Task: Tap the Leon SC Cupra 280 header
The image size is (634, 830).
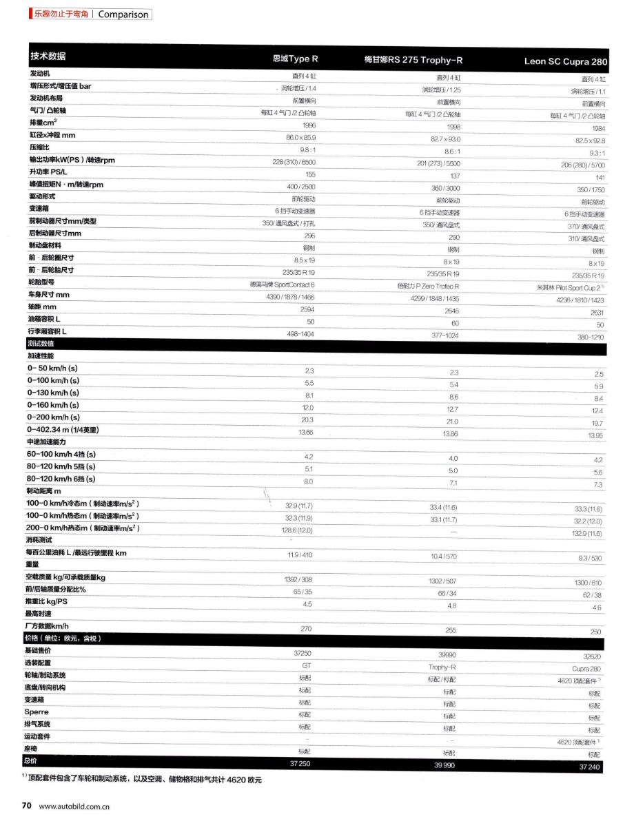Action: tap(566, 61)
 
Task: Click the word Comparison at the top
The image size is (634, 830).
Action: tap(123, 14)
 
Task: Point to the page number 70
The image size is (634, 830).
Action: tap(27, 806)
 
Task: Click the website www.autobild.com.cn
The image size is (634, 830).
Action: tap(74, 807)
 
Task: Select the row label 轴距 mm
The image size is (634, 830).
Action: tap(43, 307)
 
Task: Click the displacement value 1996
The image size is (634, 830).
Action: tap(309, 125)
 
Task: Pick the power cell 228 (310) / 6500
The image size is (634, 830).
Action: tap(294, 161)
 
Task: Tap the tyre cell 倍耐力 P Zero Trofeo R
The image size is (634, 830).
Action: tap(428, 286)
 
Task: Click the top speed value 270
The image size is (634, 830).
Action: tap(308, 628)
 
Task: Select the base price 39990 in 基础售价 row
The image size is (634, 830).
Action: tap(447, 655)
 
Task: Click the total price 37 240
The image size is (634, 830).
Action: tap(591, 767)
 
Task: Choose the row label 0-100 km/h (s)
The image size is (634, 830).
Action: tap(53, 380)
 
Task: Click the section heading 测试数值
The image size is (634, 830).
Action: tap(41, 343)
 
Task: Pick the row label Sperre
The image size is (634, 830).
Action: tap(37, 712)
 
